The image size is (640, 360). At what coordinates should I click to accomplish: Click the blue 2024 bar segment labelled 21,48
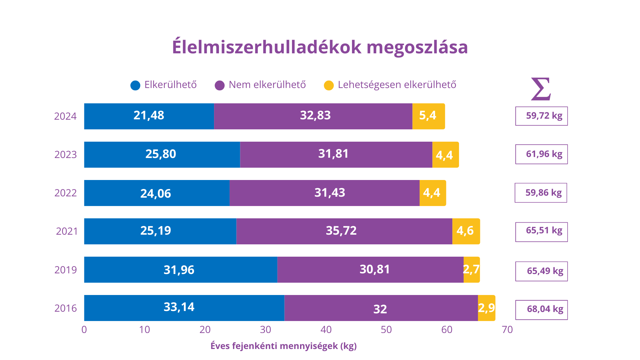(x=149, y=116)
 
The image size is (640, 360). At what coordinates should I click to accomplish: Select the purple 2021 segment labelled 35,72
(x=344, y=231)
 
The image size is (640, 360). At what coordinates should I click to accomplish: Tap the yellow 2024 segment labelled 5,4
(x=428, y=116)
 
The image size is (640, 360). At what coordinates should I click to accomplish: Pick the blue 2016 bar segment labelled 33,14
(x=184, y=308)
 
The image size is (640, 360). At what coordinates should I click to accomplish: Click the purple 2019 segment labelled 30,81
(x=370, y=269)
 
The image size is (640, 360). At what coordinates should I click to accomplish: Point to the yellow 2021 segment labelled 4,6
(x=466, y=231)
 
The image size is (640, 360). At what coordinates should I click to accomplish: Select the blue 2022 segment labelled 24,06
(x=157, y=193)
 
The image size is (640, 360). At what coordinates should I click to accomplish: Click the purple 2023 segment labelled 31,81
(x=336, y=154)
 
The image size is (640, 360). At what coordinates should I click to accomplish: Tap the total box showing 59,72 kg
(x=541, y=116)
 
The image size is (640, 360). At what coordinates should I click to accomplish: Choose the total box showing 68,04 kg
(x=541, y=310)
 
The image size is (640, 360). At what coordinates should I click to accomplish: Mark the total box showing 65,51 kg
(x=541, y=232)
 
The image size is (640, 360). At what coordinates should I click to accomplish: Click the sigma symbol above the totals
(x=541, y=89)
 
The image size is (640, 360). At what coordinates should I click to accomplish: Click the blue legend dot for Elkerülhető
(x=135, y=85)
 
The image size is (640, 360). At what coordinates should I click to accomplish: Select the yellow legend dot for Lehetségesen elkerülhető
(x=329, y=85)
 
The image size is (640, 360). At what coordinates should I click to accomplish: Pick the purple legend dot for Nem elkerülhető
(x=220, y=85)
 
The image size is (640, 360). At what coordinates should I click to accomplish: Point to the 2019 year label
(x=66, y=270)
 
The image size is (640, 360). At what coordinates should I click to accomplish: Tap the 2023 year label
(x=66, y=155)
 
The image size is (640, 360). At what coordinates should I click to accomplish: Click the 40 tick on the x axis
(x=326, y=330)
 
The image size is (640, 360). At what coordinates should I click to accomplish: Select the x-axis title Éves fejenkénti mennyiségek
(x=283, y=346)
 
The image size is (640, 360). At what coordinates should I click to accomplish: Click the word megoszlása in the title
(x=417, y=47)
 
